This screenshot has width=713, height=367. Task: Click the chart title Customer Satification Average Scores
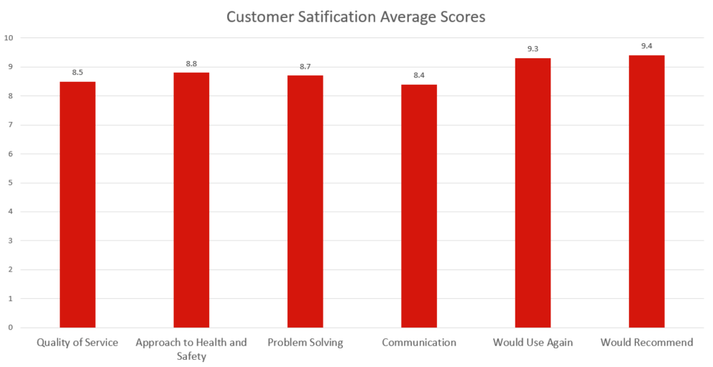(356, 17)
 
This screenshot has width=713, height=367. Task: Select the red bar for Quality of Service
(78, 205)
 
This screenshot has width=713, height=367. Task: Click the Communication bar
(419, 206)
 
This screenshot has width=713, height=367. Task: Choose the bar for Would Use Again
(533, 192)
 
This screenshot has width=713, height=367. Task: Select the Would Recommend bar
(646, 191)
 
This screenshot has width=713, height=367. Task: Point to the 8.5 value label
(78, 73)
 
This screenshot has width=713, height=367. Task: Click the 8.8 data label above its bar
(191, 64)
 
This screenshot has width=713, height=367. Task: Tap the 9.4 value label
(646, 47)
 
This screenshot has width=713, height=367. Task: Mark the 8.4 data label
(419, 75)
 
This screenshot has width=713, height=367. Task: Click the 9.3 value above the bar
(533, 50)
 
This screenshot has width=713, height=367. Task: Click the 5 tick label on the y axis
(9, 182)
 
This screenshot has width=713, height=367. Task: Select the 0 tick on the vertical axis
(9, 327)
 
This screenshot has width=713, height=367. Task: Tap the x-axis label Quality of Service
(78, 343)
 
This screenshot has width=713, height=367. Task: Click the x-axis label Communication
(419, 343)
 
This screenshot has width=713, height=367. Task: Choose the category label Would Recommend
(646, 343)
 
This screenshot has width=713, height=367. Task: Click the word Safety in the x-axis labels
(191, 356)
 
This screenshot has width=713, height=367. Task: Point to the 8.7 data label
(305, 67)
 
